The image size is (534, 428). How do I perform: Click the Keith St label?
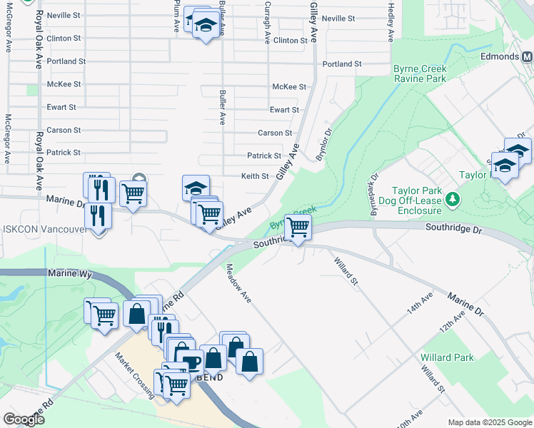tap(254, 176)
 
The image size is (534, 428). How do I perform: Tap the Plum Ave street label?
tap(177, 16)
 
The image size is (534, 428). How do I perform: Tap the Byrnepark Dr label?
tap(372, 187)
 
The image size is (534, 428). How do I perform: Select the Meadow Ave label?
tap(239, 282)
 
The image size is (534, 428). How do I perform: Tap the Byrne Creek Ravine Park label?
tap(420, 73)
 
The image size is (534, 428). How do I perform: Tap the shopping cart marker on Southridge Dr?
tap(298, 227)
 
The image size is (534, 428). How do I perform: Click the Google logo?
tap(24, 419)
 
